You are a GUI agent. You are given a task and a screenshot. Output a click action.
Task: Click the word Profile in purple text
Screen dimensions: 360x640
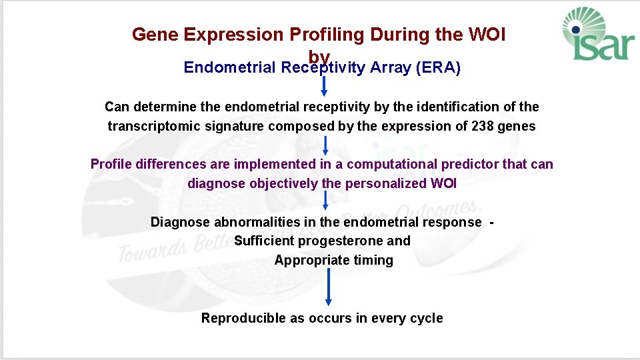(111, 164)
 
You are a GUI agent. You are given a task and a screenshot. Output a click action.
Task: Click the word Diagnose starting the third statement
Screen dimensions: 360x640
(180, 222)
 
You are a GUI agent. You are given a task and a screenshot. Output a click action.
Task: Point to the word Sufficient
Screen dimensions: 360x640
(265, 241)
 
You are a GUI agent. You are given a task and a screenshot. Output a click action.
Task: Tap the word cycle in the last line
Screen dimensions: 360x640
(426, 318)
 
